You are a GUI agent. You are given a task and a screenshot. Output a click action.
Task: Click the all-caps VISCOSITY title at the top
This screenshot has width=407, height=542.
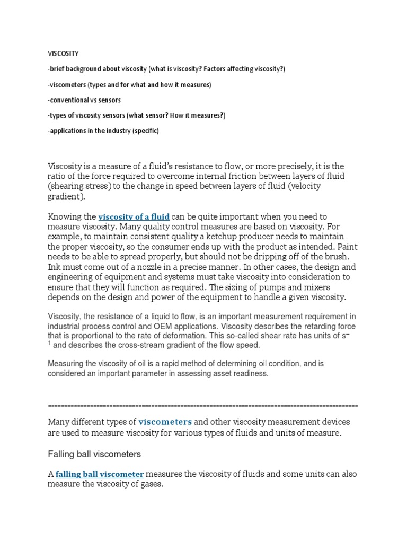64,53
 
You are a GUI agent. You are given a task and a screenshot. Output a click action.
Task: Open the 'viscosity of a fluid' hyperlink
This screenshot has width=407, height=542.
134,216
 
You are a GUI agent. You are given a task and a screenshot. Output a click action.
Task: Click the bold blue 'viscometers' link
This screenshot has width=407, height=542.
165,422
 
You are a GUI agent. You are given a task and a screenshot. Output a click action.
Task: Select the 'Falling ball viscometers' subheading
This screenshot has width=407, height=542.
94,454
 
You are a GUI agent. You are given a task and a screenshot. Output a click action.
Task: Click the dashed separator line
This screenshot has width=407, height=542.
203,405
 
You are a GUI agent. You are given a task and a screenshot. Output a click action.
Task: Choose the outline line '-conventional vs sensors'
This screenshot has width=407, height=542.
84,100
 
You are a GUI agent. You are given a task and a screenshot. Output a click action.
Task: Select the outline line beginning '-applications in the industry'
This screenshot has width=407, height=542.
103,131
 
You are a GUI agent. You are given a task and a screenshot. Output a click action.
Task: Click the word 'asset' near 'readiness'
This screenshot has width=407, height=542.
218,373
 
